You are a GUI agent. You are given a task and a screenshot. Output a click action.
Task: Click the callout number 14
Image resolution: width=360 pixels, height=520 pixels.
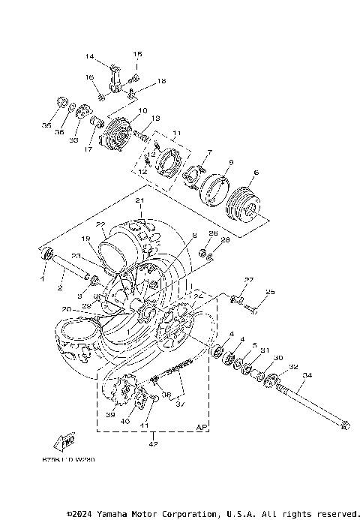point(89,57)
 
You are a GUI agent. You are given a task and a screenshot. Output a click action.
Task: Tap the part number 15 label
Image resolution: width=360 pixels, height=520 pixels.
point(138,55)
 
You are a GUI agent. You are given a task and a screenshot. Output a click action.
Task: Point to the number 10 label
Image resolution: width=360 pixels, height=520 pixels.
point(142,110)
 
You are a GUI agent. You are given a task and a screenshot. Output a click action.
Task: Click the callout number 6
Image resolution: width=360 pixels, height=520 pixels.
point(256,173)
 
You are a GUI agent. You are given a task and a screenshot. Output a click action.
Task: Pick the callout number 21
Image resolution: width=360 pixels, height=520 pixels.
point(139,201)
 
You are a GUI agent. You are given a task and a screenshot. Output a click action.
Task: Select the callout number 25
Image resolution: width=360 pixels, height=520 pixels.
point(271,292)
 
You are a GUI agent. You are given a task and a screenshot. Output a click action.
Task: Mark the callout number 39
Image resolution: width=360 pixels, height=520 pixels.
point(110,415)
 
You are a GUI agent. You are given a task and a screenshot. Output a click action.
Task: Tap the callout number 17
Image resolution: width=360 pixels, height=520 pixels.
point(88,149)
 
